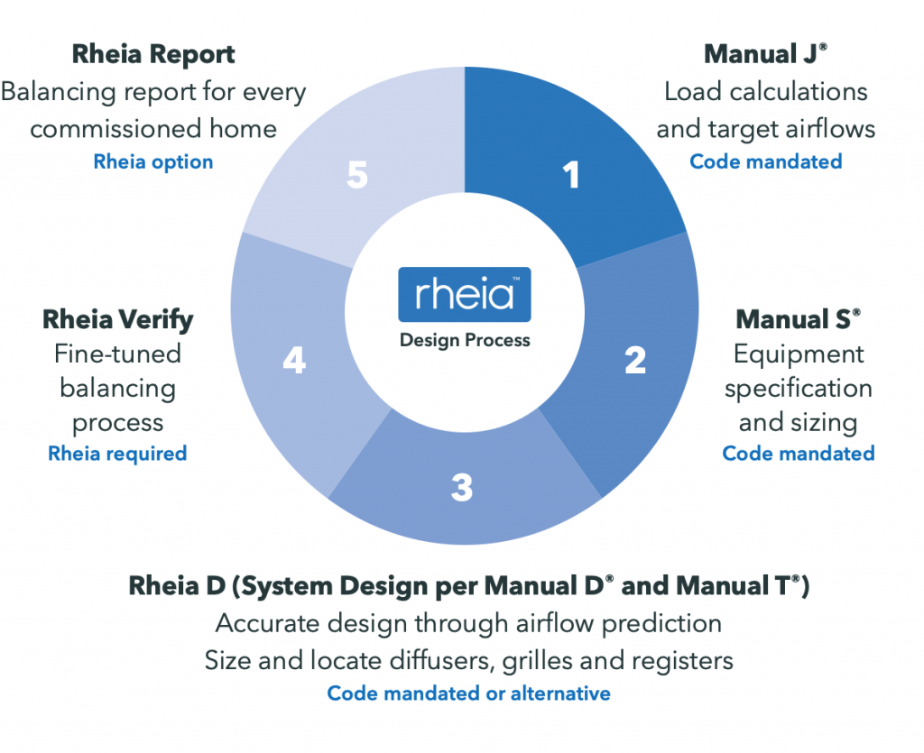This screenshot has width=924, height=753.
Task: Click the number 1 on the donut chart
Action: [571, 176]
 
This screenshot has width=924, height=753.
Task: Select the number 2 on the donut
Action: [635, 361]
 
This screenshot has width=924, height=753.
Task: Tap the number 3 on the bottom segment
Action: [461, 488]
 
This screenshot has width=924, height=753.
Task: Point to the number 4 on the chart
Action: [294, 362]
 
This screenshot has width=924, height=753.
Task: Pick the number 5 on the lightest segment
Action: [357, 176]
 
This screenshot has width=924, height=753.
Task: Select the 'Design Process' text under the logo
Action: [465, 341]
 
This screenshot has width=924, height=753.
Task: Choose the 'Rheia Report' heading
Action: [153, 54]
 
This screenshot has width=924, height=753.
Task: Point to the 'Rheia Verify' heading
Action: [117, 319]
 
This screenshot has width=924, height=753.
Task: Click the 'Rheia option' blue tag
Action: [153, 162]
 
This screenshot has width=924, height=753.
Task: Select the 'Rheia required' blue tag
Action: [117, 453]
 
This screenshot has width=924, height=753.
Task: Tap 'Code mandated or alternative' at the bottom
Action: [468, 693]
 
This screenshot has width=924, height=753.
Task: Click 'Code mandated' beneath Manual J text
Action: [766, 161]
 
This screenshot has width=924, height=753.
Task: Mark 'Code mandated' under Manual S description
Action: [799, 453]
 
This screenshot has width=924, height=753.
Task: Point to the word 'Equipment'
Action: [799, 354]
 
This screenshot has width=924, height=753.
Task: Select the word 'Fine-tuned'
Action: [117, 354]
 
